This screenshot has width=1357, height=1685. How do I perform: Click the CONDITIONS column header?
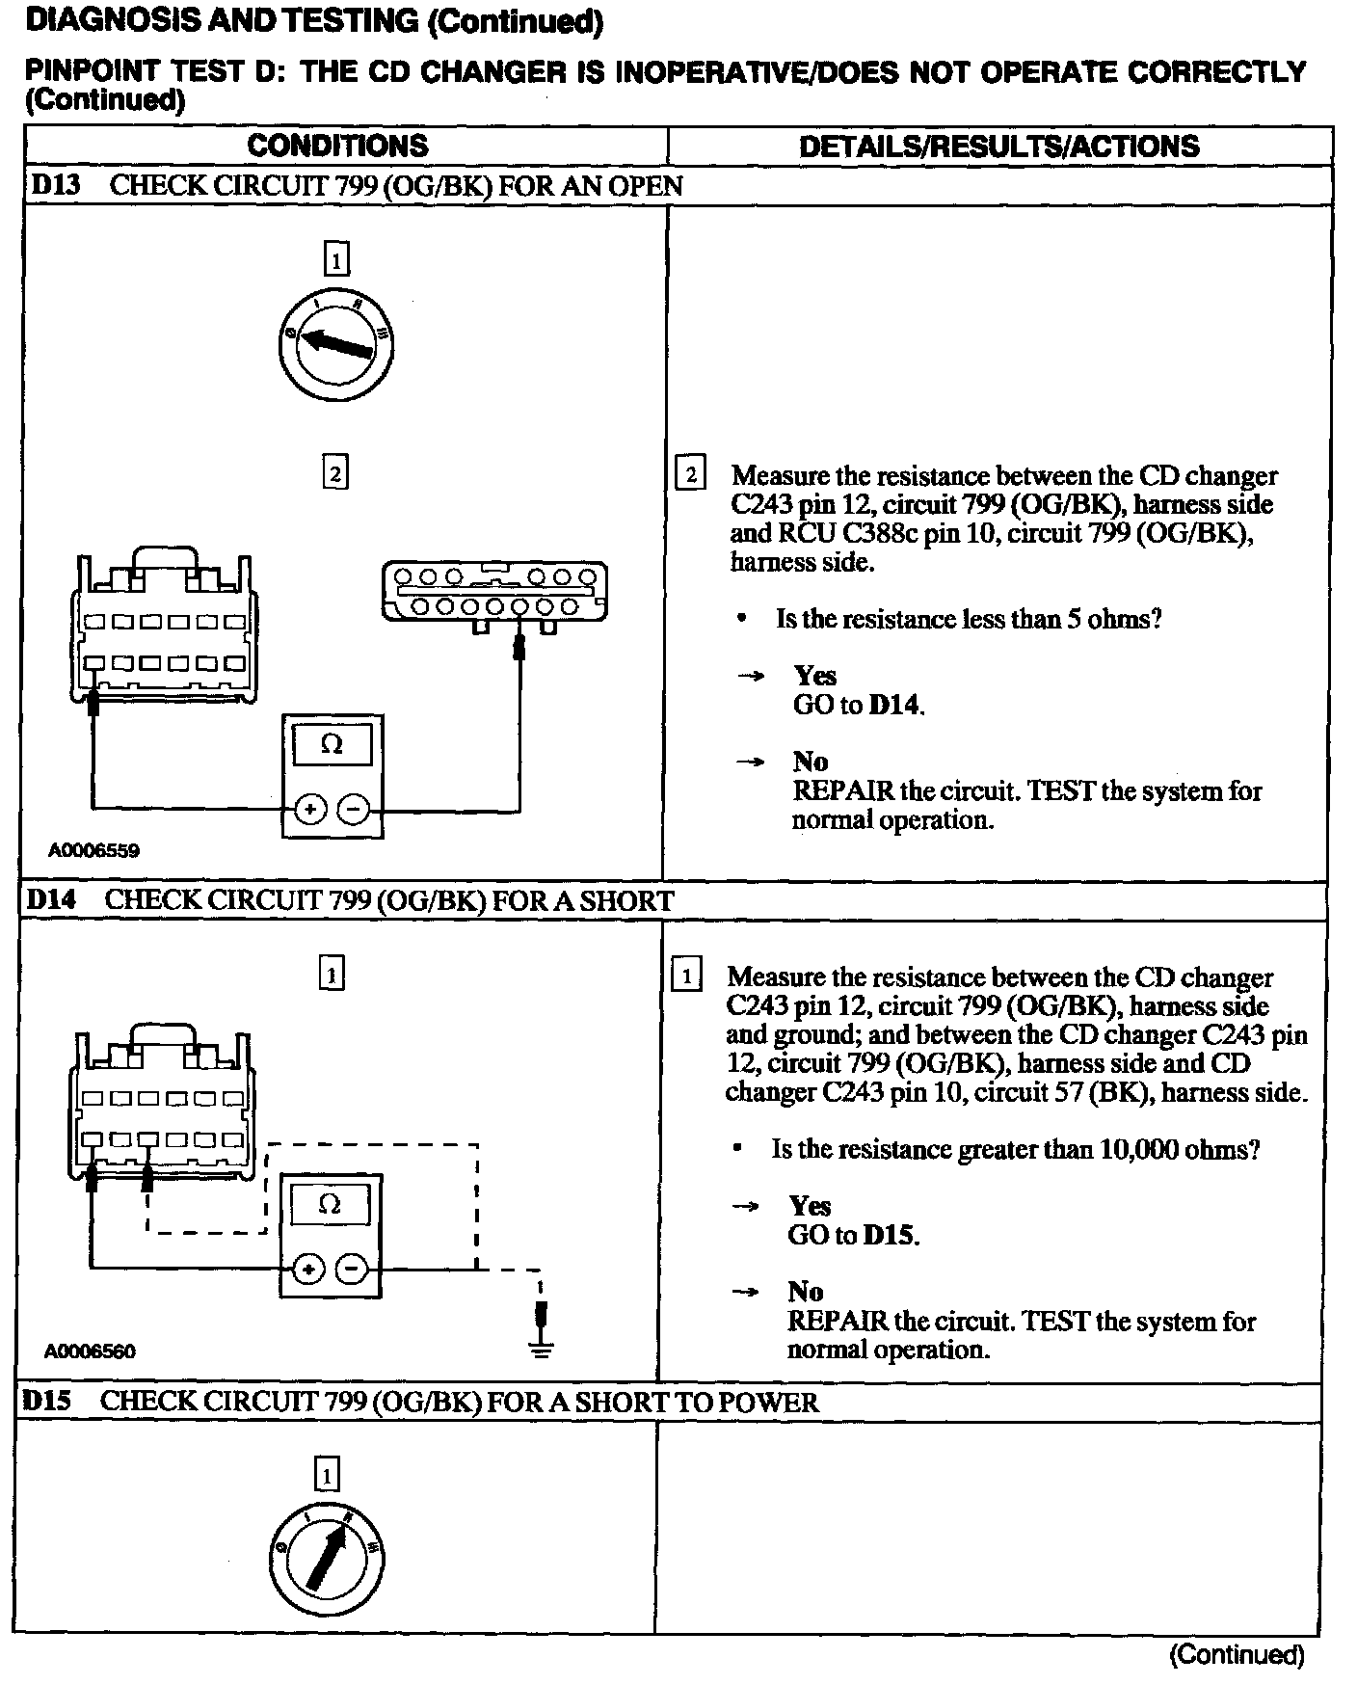[337, 146]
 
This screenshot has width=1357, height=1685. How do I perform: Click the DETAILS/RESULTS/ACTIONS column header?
[999, 147]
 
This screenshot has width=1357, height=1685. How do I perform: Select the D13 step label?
[55, 185]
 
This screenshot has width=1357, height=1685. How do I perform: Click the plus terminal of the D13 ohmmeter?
[309, 809]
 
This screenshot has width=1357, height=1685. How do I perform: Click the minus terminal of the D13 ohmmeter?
[355, 809]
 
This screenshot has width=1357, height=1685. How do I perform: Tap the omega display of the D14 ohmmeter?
[330, 1204]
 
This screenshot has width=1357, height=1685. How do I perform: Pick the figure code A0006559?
[94, 850]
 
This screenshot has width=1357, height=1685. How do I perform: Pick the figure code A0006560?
[91, 1351]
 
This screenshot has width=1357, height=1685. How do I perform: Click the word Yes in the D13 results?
[815, 676]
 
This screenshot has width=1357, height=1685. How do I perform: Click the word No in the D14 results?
[805, 1292]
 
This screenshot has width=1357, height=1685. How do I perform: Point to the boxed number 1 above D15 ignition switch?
[328, 1476]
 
